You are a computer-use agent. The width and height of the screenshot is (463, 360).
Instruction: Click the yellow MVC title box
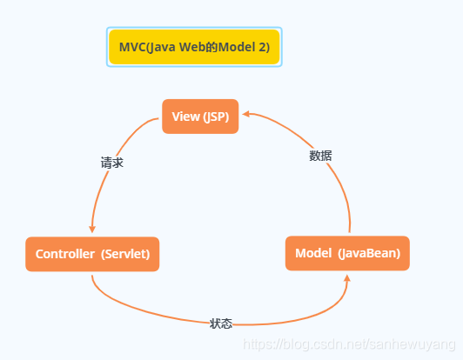194,47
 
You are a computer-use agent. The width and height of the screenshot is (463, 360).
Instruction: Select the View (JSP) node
200,117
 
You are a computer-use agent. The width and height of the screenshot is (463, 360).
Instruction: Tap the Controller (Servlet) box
92,254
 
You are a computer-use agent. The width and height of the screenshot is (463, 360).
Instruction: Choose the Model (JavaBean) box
347,253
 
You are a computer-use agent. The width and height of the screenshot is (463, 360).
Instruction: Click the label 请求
111,163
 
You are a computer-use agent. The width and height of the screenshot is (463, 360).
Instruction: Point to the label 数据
320,156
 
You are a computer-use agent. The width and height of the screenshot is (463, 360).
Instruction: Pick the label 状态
221,323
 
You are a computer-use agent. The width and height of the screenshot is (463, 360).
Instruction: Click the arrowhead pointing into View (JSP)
246,114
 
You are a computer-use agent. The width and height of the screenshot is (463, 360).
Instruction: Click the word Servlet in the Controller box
125,254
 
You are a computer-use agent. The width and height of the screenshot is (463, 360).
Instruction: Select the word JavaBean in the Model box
371,253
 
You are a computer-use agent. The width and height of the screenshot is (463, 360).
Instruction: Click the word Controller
65,254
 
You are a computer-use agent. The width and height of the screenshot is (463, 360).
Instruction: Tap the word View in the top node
185,117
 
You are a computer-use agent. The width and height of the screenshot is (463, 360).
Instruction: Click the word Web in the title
187,47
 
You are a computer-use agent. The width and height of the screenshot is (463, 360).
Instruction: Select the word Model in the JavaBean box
313,253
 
